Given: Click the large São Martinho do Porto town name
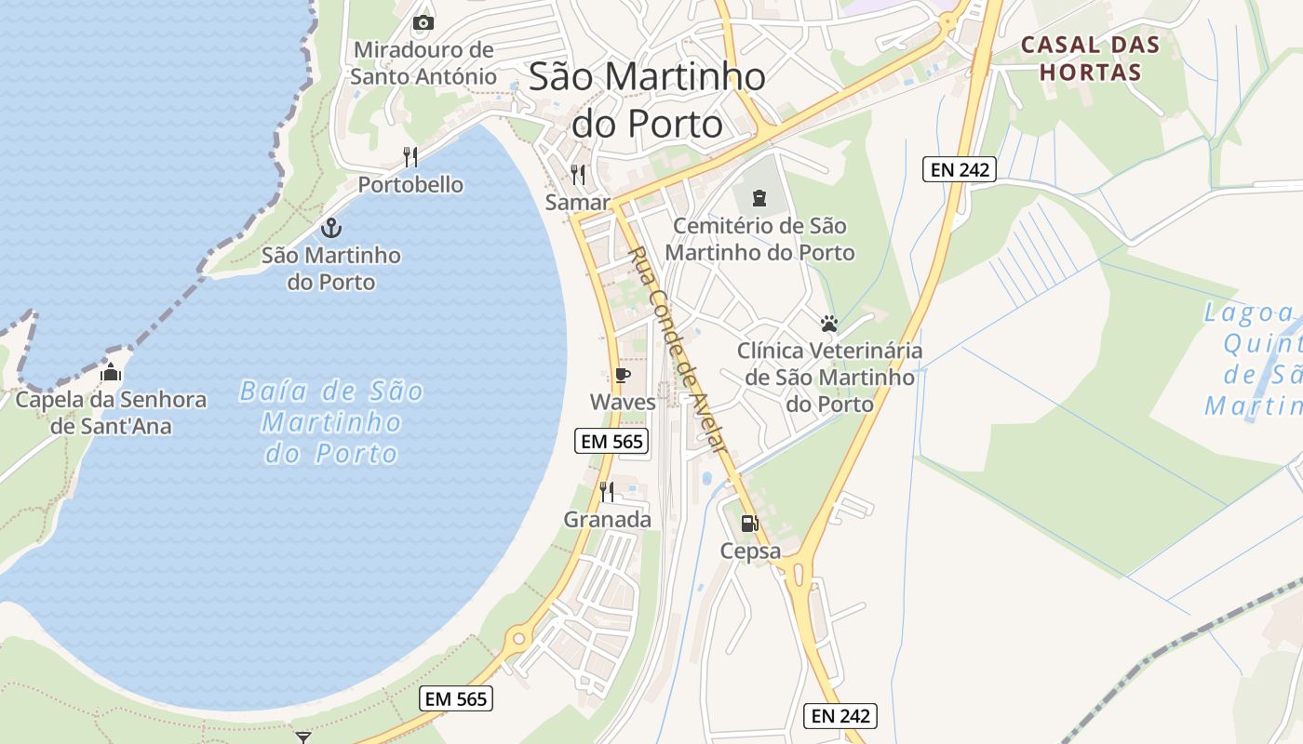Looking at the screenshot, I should (648, 100).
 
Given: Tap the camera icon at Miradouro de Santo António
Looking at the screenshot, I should (423, 22).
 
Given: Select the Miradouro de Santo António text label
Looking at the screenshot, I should (423, 62).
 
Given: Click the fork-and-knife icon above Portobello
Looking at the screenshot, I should (410, 156).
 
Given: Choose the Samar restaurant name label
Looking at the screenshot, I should (577, 202).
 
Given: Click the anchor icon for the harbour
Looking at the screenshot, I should (330, 227).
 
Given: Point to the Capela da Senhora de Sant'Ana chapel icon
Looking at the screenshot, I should (111, 373).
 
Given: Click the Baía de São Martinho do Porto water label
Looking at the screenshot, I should (332, 421).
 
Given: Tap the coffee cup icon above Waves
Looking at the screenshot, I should (623, 376).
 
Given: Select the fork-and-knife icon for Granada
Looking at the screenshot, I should (607, 492).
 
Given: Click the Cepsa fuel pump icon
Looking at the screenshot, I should (749, 524).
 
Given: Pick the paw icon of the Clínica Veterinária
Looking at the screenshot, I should (829, 324).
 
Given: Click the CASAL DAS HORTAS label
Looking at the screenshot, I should (1091, 58).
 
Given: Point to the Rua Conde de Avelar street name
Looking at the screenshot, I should (677, 350).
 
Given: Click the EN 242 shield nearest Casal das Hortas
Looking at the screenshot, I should (960, 169).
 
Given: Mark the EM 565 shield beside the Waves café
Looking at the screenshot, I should (611, 441).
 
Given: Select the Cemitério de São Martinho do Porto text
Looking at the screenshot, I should (759, 239).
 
